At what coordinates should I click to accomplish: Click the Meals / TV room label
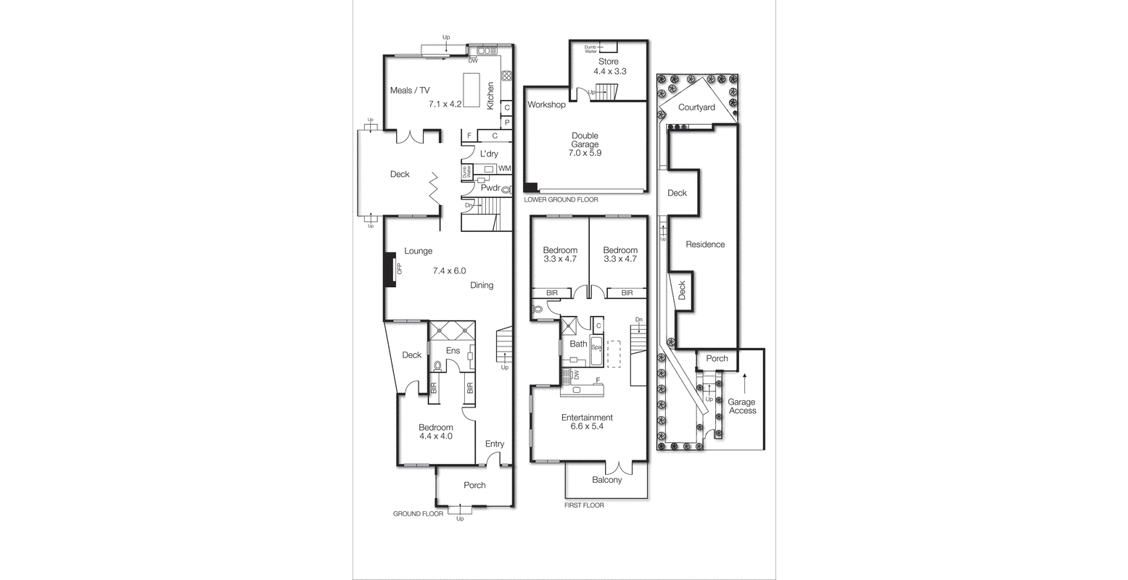[410, 91]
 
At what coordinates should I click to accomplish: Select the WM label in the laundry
[504, 169]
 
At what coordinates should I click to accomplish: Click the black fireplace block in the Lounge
[390, 270]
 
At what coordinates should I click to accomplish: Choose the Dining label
[482, 285]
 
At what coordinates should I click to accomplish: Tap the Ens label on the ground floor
[453, 351]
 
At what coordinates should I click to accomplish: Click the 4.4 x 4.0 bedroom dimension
[435, 436]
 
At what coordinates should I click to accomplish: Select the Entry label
[495, 444]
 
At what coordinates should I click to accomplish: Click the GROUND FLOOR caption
[418, 513]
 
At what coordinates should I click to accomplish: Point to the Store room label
[609, 62]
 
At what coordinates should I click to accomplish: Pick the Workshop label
[546, 105]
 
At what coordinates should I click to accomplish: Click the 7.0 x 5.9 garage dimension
[585, 153]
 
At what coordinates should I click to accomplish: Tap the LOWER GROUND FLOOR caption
[561, 199]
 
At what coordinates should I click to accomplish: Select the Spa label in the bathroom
[596, 348]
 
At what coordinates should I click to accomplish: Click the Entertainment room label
[587, 418]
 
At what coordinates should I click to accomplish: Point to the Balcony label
[606, 480]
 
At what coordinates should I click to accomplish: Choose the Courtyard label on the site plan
[696, 107]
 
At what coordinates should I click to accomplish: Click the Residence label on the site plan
[705, 244]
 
